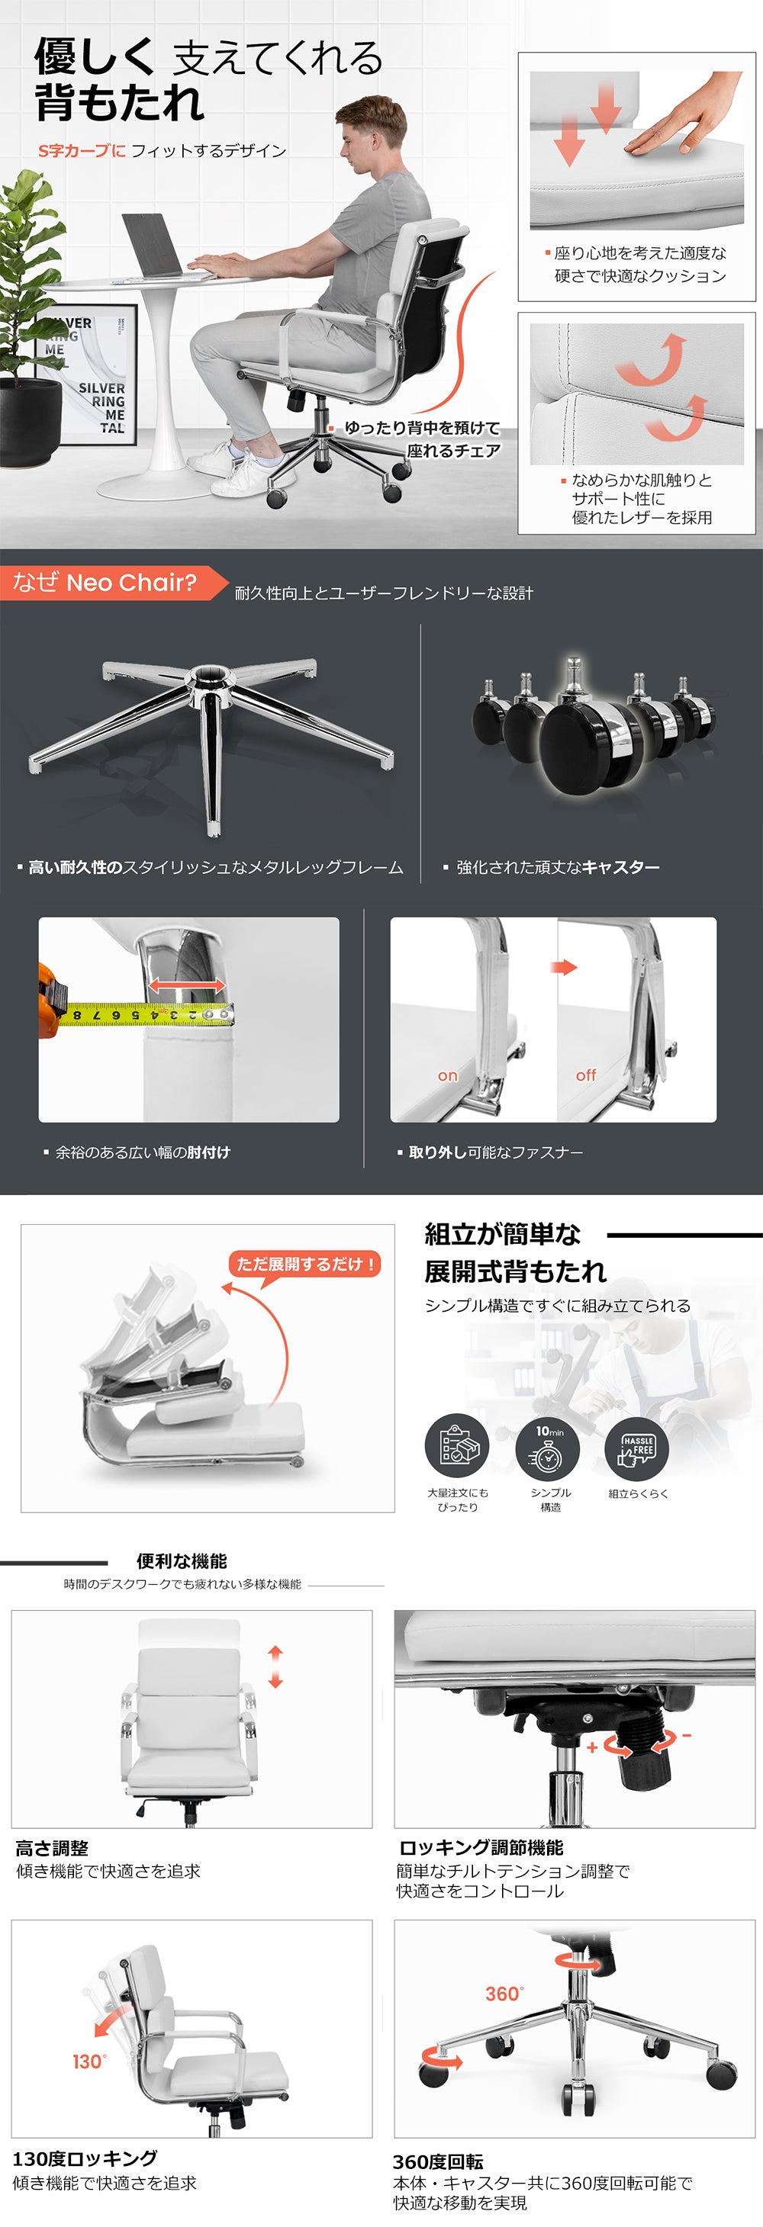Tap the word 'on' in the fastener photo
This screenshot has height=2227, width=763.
[447, 1076]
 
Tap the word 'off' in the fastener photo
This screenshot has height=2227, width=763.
[586, 1075]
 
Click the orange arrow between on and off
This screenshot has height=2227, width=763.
[564, 967]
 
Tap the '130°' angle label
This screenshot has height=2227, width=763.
[89, 2061]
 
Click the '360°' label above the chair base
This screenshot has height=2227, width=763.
[504, 1994]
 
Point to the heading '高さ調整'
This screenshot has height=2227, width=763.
[52, 1849]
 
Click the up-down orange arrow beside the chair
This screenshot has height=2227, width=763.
[275, 1666]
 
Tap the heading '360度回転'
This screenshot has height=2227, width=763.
[438, 2161]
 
